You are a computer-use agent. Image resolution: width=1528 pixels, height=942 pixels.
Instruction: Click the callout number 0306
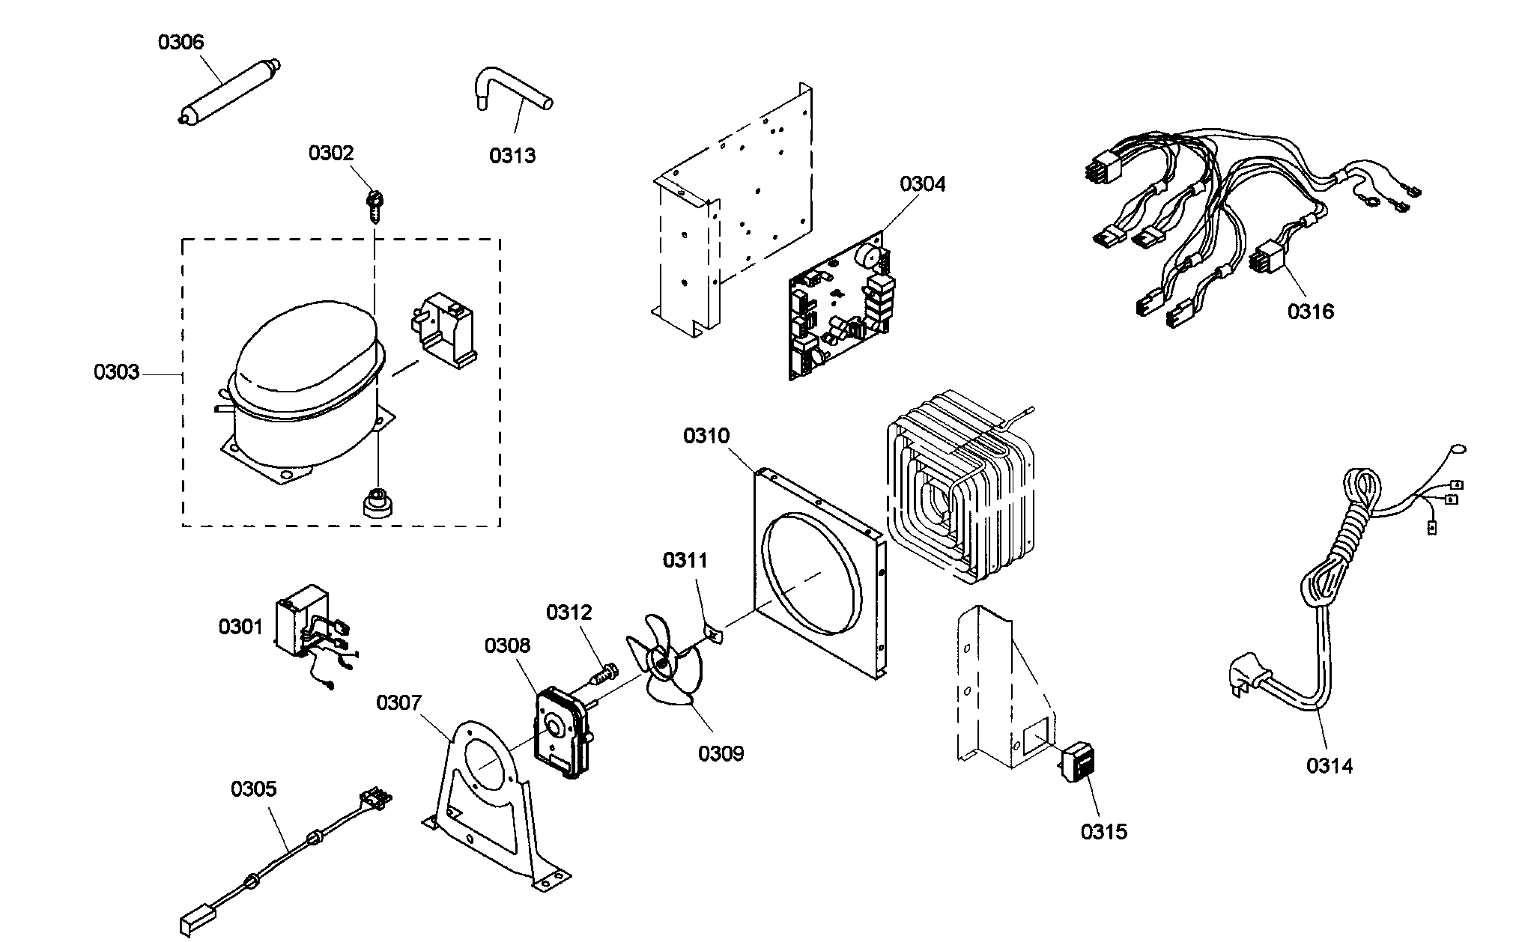click(181, 42)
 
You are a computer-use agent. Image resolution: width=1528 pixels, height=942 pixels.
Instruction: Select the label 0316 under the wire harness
click(1311, 312)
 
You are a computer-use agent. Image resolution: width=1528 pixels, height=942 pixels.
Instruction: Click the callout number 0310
click(706, 436)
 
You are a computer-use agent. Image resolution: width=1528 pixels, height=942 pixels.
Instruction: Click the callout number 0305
click(253, 789)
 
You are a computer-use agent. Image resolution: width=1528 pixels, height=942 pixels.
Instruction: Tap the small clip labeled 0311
click(713, 636)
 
